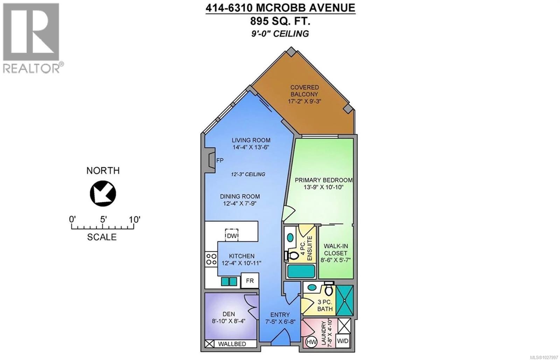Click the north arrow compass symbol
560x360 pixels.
pyautogui.click(x=103, y=193)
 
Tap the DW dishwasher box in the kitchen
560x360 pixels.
pyautogui.click(x=232, y=236)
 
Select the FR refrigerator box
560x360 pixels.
pyautogui.click(x=250, y=281)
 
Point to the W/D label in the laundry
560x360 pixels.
pyautogui.click(x=343, y=341)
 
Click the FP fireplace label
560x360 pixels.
pyautogui.click(x=220, y=160)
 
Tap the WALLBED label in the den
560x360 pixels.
pyautogui.click(x=232, y=344)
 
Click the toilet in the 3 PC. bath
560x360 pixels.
pyautogui.click(x=328, y=289)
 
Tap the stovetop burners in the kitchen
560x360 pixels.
pyautogui.click(x=211, y=259)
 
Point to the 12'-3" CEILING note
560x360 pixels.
pyautogui.click(x=248, y=174)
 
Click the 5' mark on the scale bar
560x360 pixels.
pyautogui.click(x=103, y=220)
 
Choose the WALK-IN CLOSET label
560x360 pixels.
pyautogui.click(x=335, y=249)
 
